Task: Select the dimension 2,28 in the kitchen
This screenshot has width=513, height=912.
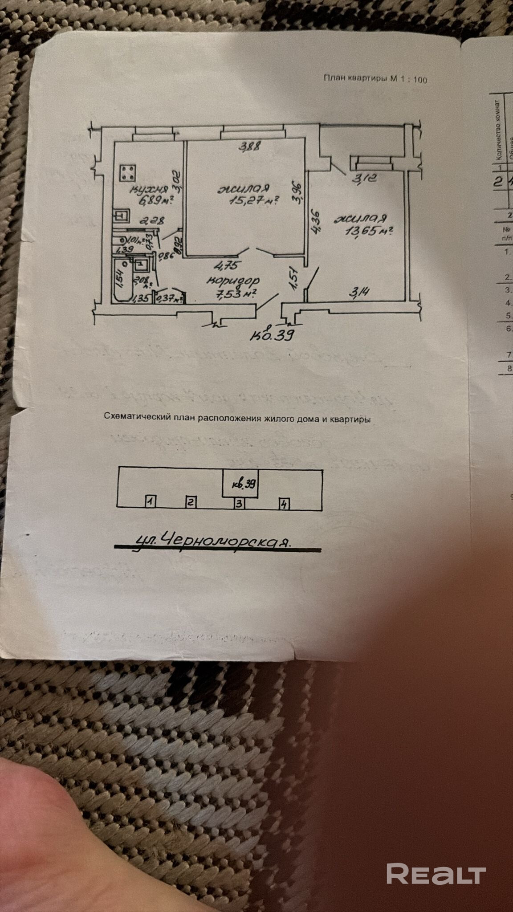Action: coord(152,220)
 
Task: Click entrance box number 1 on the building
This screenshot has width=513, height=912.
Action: coord(151,502)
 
